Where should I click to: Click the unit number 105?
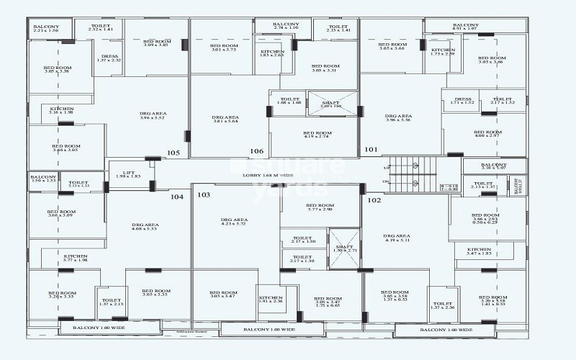pyautogui.click(x=173, y=153)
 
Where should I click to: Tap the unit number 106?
pyautogui.click(x=257, y=151)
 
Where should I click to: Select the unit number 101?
pyautogui.click(x=371, y=150)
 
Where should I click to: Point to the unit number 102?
pyautogui.click(x=374, y=200)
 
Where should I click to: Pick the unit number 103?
pyautogui.click(x=204, y=195)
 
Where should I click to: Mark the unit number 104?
pyautogui.click(x=176, y=197)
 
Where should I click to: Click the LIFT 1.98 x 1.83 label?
pyautogui.click(x=127, y=174)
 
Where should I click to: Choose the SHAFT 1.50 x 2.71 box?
pyautogui.click(x=343, y=249)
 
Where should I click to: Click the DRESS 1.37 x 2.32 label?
pyautogui.click(x=109, y=58)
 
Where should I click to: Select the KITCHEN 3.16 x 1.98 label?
pyautogui.click(x=61, y=110)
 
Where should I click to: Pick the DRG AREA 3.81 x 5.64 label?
pyautogui.click(x=225, y=120)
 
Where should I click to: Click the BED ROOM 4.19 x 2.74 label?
pyautogui.click(x=317, y=135)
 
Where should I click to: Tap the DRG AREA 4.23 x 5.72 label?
pyautogui.click(x=234, y=222)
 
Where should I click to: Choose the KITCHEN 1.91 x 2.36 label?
pyautogui.click(x=271, y=299)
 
